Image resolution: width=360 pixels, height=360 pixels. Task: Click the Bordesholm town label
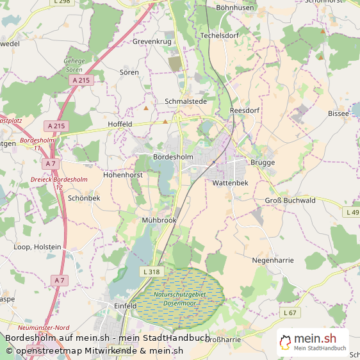pyautogui.click(x=174, y=157)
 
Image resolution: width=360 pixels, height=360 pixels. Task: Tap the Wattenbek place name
pyautogui.click(x=225, y=183)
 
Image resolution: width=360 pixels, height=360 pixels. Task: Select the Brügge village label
pyautogui.click(x=262, y=163)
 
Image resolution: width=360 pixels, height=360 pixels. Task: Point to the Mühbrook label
pyautogui.click(x=159, y=220)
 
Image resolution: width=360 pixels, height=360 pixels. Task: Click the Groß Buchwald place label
pyautogui.click(x=290, y=200)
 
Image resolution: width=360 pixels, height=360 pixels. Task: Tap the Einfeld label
pyautogui.click(x=125, y=306)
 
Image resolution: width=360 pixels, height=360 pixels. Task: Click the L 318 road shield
pyautogui.click(x=151, y=272)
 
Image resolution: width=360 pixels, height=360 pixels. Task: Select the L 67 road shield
pyautogui.click(x=290, y=313)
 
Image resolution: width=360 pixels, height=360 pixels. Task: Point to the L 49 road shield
pyautogui.click(x=352, y=212)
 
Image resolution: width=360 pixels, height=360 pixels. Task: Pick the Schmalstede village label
pyautogui.click(x=186, y=101)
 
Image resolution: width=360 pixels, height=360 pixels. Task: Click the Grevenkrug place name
pyautogui.click(x=152, y=42)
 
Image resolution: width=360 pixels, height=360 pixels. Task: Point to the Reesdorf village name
pyautogui.click(x=244, y=110)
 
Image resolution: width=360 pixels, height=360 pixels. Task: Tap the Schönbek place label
pyautogui.click(x=84, y=199)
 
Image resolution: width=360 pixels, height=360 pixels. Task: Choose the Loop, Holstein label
pyautogui.click(x=38, y=247)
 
